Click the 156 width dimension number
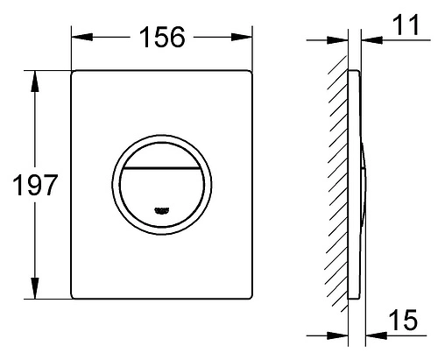coord(162,38)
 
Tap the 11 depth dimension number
coord(406,27)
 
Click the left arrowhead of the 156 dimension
coord(76,38)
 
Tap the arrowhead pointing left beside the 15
coord(368,335)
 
